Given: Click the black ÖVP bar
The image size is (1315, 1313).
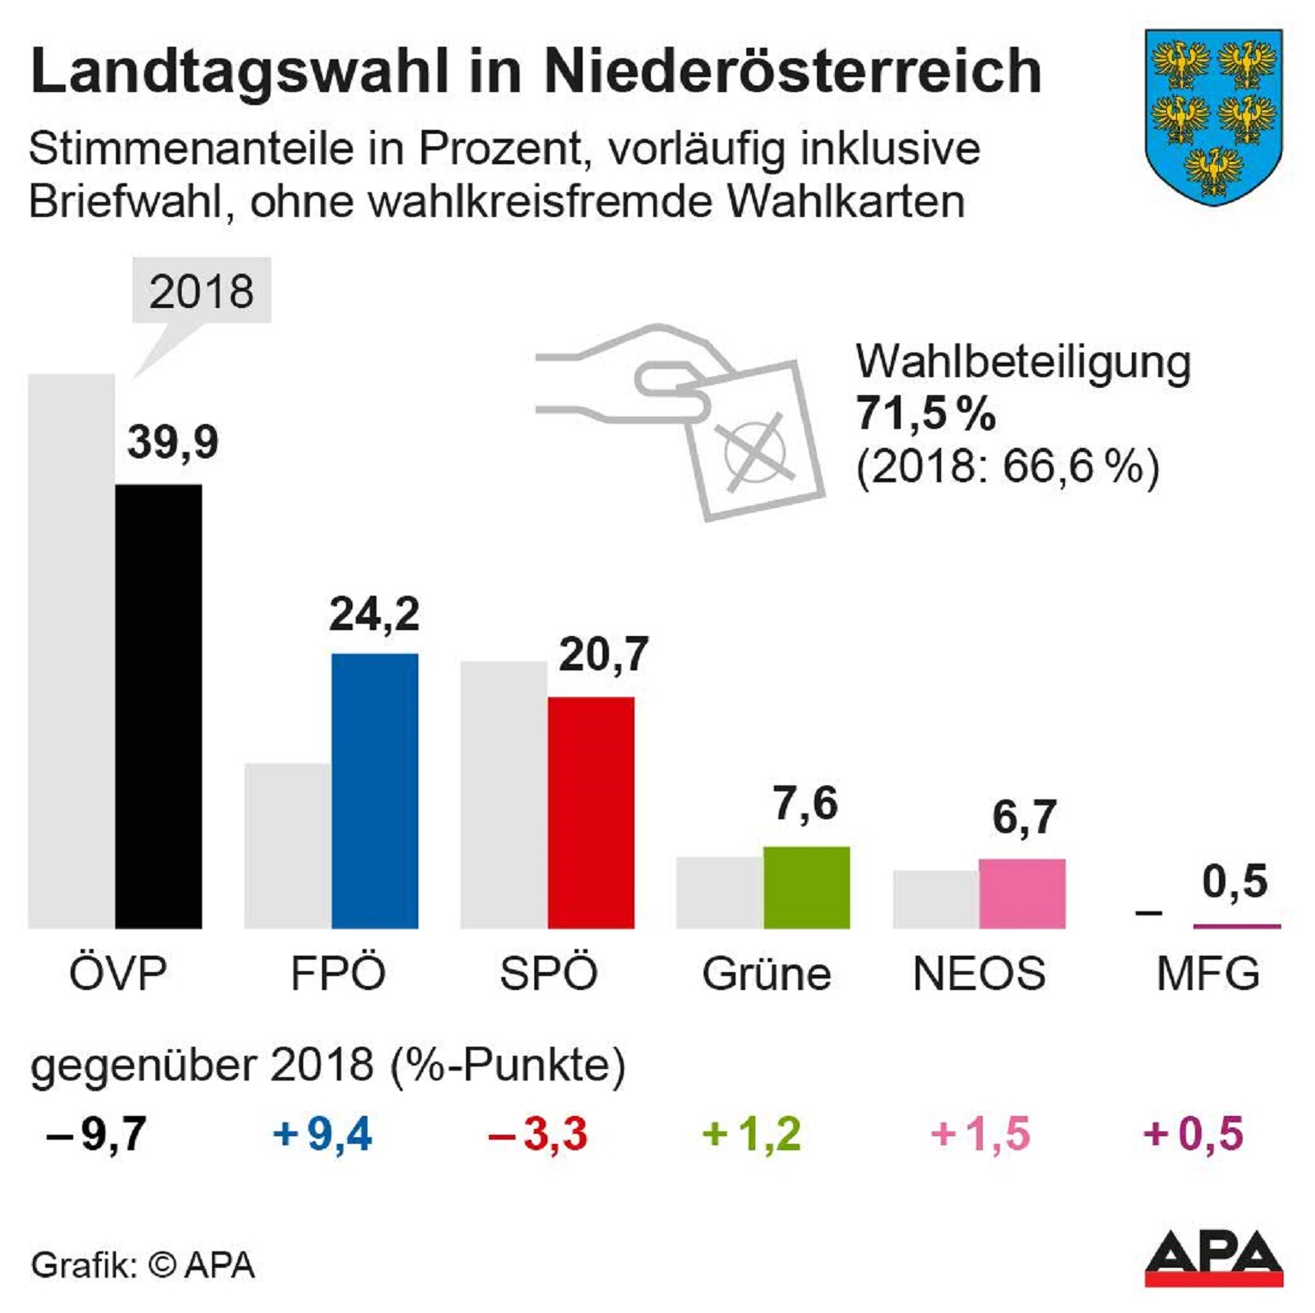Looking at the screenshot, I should click(x=158, y=707).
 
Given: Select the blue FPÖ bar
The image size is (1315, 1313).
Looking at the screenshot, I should click(x=375, y=790).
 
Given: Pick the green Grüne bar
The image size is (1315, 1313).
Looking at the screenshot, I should click(x=806, y=887).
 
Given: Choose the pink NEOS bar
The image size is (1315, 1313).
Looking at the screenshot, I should click(x=1022, y=894).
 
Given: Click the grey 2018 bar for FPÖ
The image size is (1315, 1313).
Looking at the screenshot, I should click(x=288, y=845).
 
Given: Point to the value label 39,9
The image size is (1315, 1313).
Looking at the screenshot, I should click(x=173, y=442).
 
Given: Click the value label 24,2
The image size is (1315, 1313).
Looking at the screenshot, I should click(x=375, y=614).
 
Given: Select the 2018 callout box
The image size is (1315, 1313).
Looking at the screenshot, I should click(x=201, y=292).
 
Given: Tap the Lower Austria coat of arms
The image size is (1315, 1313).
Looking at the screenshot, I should click(x=1213, y=117).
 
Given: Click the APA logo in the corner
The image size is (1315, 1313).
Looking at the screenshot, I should click(x=1213, y=1258).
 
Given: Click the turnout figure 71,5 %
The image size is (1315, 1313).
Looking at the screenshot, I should click(x=925, y=413).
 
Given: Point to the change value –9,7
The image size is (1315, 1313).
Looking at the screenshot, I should click(x=97, y=1134).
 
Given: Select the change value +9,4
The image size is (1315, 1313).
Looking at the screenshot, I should click(x=322, y=1134).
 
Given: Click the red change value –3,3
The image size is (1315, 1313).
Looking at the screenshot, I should click(x=538, y=1134).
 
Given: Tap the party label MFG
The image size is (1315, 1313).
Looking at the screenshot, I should click(x=1207, y=974).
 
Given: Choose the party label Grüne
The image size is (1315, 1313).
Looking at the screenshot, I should click(x=766, y=974).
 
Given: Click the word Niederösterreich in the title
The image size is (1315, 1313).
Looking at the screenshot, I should click(x=792, y=71).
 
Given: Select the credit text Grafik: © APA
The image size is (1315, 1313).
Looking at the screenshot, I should click(x=143, y=1265).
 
